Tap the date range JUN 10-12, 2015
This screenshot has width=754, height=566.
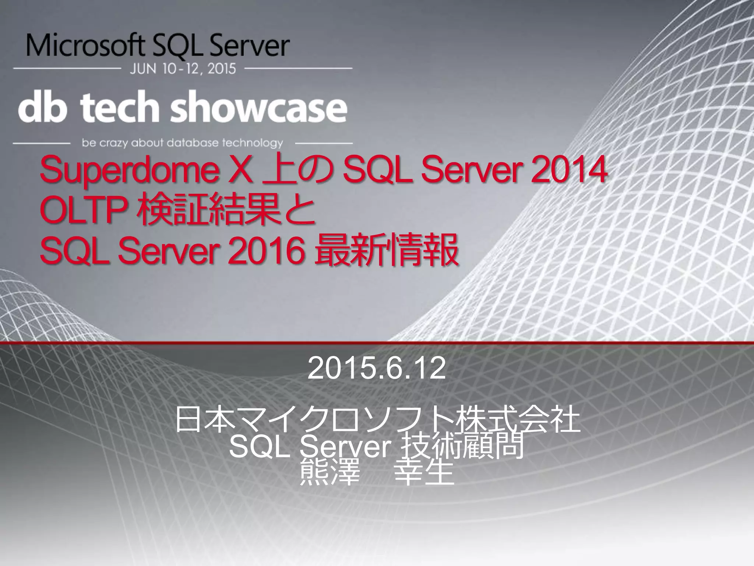coord(183,69)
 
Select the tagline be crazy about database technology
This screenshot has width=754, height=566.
coord(183,143)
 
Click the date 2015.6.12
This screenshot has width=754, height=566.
coord(376,369)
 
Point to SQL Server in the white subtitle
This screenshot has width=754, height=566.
coord(309,448)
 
